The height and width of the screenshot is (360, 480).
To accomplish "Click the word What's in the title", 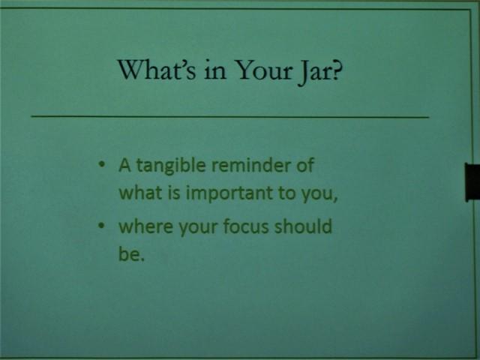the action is tap(157, 70).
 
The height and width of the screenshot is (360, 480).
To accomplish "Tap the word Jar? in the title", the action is tap(320, 72).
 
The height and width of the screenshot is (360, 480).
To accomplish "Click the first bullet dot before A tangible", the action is tap(102, 164).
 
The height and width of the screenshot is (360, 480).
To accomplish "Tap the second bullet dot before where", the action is tap(102, 226).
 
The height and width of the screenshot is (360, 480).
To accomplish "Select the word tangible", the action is tap(171, 166).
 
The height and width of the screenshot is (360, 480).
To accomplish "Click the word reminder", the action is tap(251, 165).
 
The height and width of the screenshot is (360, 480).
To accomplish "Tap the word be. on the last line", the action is tap(131, 253).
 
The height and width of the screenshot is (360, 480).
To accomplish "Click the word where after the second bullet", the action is tap(146, 226).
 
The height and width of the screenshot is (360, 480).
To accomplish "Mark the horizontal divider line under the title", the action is tap(230, 117).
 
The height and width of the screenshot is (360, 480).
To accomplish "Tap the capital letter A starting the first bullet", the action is tap(124, 166).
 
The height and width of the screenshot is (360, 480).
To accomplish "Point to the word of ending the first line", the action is tap(305, 165).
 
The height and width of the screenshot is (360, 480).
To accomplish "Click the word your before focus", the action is tap(198, 228).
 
